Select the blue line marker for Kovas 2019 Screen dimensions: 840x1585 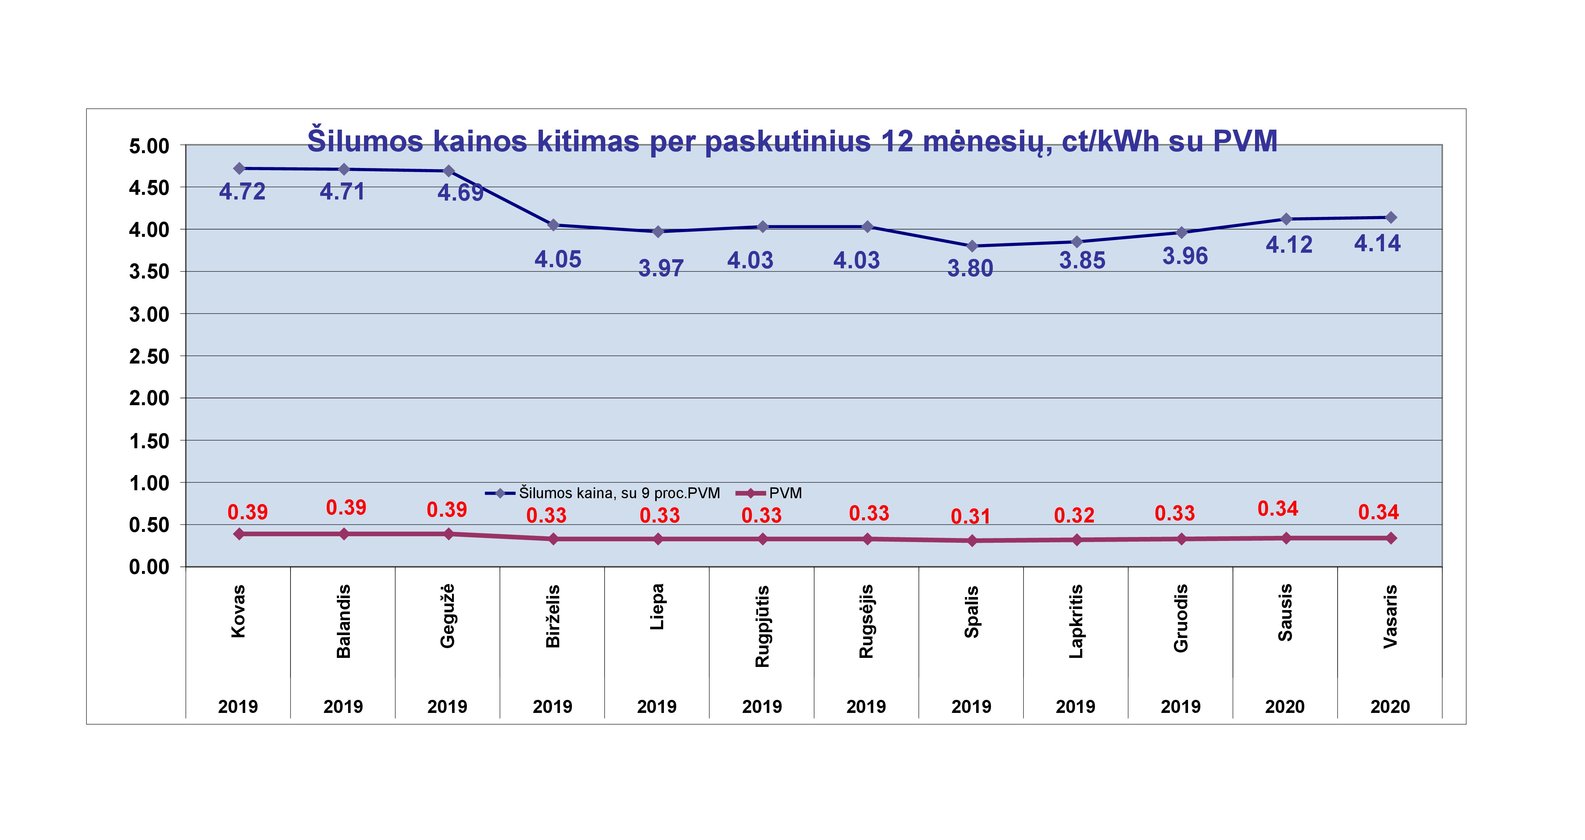239,168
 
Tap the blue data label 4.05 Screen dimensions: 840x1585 557,260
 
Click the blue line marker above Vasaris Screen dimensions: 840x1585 1390,218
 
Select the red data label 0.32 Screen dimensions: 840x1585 1074,515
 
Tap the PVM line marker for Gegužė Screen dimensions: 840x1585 448,534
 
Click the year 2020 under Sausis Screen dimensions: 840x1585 1285,706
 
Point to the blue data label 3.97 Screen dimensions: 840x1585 661,269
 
